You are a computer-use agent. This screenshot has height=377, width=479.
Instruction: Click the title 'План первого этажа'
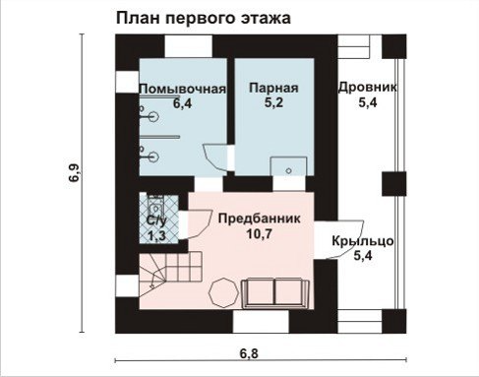tap(204, 18)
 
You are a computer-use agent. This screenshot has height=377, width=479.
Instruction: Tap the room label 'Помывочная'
tap(183, 89)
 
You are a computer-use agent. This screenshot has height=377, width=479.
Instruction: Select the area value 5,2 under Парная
tap(273, 103)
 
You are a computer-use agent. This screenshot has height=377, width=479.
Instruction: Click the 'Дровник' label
tap(368, 88)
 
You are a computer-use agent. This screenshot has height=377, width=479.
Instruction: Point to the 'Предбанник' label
tap(260, 219)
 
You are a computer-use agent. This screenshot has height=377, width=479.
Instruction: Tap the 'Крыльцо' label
tap(363, 241)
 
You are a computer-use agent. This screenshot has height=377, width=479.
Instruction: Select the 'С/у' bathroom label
tap(156, 220)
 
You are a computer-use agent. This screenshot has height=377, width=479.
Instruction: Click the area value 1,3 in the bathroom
tap(156, 235)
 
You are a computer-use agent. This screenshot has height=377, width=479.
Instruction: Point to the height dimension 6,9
tap(74, 173)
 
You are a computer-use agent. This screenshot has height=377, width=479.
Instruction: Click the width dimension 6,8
tap(249, 354)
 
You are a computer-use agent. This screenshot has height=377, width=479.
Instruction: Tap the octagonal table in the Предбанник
tap(224, 292)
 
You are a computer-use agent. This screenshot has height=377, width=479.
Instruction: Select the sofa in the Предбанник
tap(275, 293)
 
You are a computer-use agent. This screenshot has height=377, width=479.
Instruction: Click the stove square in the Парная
tap(288, 166)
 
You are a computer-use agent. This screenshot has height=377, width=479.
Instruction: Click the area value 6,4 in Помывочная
tap(183, 103)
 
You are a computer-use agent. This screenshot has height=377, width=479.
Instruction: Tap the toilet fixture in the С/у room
tap(155, 207)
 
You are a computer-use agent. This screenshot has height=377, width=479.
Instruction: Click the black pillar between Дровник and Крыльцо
tap(394, 184)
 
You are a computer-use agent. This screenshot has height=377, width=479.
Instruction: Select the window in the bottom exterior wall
tap(261, 322)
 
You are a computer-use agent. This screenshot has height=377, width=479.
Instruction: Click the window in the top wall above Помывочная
tap(188, 46)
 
